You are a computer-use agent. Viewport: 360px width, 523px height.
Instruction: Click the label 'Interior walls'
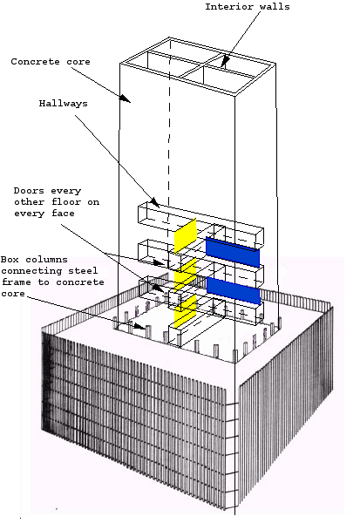(x=248, y=8)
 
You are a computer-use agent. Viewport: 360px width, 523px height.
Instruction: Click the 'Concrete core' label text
(x=50, y=62)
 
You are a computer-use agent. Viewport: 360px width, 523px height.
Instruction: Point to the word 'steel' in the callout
(x=85, y=270)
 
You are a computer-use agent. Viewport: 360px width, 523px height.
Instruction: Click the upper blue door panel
(x=233, y=252)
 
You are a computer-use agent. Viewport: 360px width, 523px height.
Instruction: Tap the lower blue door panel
(x=233, y=290)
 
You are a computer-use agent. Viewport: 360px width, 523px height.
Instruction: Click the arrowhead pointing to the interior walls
(x=225, y=63)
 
